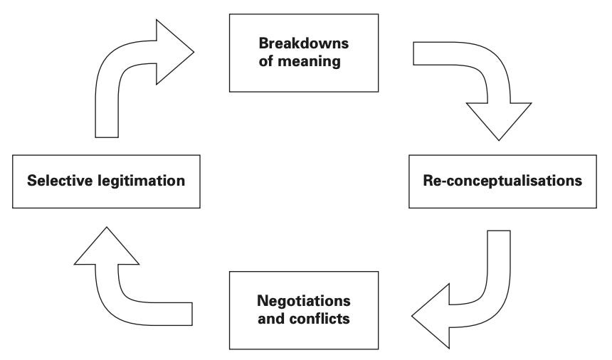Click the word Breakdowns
[x=304, y=43]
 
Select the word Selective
[x=60, y=181]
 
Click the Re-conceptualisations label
[x=502, y=181]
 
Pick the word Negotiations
[x=304, y=301]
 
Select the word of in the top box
[x=266, y=61]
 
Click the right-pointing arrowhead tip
[x=194, y=52]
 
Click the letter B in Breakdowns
[x=264, y=43]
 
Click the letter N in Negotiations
[x=263, y=301]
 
